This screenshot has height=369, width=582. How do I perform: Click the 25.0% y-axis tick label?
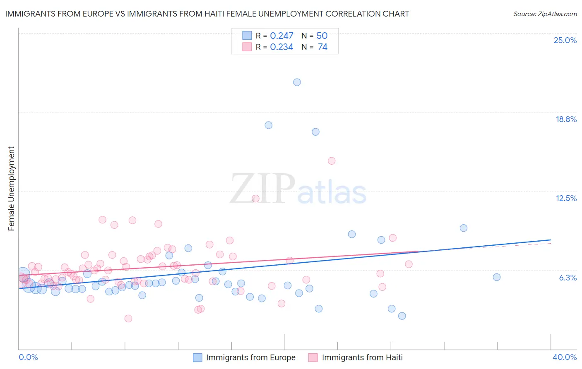coord(565,40)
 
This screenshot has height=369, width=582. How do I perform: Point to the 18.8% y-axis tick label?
coord(566,119)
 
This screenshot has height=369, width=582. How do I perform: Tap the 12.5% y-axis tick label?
coord(566,198)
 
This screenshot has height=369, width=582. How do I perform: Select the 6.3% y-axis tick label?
coord(568,278)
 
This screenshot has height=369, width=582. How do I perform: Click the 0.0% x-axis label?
coord(28,357)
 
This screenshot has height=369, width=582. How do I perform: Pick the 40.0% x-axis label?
coord(564,357)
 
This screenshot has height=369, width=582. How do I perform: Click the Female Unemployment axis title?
coord(11,189)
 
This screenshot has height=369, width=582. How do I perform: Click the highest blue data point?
coord(297,82)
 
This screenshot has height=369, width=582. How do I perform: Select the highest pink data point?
coord(332,161)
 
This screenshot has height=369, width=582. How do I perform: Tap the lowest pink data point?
coord(128,319)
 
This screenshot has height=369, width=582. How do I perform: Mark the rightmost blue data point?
coord(497,277)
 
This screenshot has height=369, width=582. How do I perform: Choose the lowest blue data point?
coord(402,316)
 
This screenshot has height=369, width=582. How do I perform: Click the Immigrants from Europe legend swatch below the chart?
coord(198,357)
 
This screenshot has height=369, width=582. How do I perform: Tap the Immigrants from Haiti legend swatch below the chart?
coord(313,357)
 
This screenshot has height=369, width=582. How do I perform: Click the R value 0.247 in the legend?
coord(281,36)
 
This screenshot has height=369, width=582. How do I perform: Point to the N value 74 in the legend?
coord(322,47)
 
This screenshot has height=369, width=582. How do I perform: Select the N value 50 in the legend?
coord(322,36)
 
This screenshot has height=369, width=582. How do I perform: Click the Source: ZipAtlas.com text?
coord(545,14)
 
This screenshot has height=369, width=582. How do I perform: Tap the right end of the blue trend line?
coord(551,240)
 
